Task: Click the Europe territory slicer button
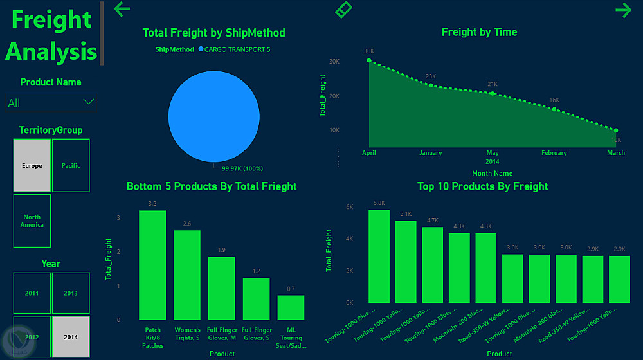click(32, 165)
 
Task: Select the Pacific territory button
click(71, 165)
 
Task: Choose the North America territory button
click(32, 221)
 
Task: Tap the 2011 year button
click(32, 293)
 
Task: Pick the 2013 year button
click(71, 293)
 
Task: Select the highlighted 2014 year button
click(71, 336)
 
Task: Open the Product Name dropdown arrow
click(89, 102)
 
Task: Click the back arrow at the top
click(122, 9)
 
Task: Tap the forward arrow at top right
click(623, 10)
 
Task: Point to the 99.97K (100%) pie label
click(242, 168)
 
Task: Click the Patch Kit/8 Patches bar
click(152, 265)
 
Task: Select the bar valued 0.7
click(291, 307)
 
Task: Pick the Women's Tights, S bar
click(187, 275)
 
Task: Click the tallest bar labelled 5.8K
click(379, 256)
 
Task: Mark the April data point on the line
click(369, 60)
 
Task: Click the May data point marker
click(493, 93)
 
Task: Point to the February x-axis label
click(554, 153)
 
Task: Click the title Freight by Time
click(479, 32)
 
